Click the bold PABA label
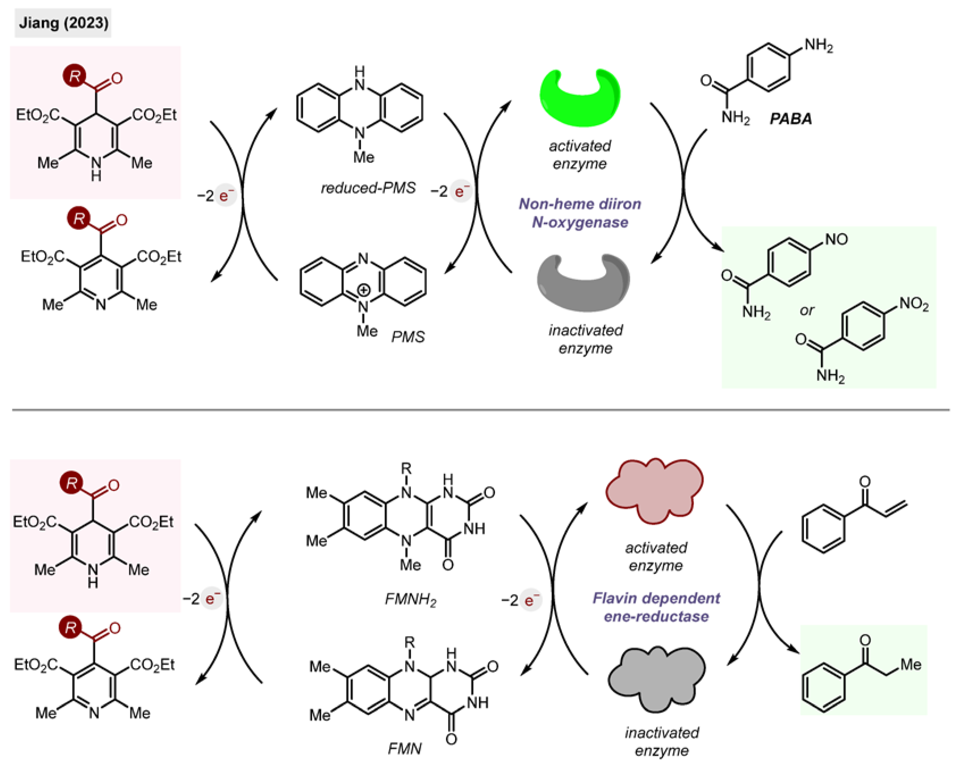pyautogui.click(x=790, y=119)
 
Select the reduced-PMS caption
pyautogui.click(x=368, y=188)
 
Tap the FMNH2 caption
pyautogui.click(x=410, y=600)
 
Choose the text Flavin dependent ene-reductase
pyautogui.click(x=656, y=607)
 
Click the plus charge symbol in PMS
pyautogui.click(x=364, y=290)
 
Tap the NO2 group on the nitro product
pyautogui.click(x=914, y=304)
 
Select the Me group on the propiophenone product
pyautogui.click(x=911, y=665)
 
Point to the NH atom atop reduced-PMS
pyautogui.click(x=359, y=78)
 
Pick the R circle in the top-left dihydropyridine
pyautogui.click(x=75, y=76)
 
